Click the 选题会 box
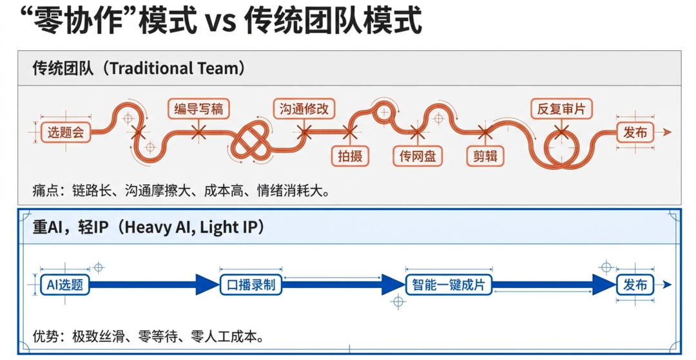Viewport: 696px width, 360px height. pyautogui.click(x=65, y=133)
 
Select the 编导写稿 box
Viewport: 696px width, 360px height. pyautogui.click(x=198, y=109)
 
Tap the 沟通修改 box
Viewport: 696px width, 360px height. pyautogui.click(x=304, y=109)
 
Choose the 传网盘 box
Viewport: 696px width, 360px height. pyautogui.click(x=418, y=156)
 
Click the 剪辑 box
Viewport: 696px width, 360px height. pyautogui.click(x=485, y=156)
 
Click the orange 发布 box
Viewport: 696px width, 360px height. pyautogui.click(x=635, y=133)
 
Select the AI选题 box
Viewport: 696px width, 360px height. pyautogui.click(x=65, y=285)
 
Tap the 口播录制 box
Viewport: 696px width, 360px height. pyautogui.click(x=251, y=285)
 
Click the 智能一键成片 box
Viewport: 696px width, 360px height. pyautogui.click(x=448, y=285)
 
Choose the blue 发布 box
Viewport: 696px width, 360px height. pyautogui.click(x=635, y=285)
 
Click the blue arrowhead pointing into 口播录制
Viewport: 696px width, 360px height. pyautogui.click(x=207, y=285)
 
